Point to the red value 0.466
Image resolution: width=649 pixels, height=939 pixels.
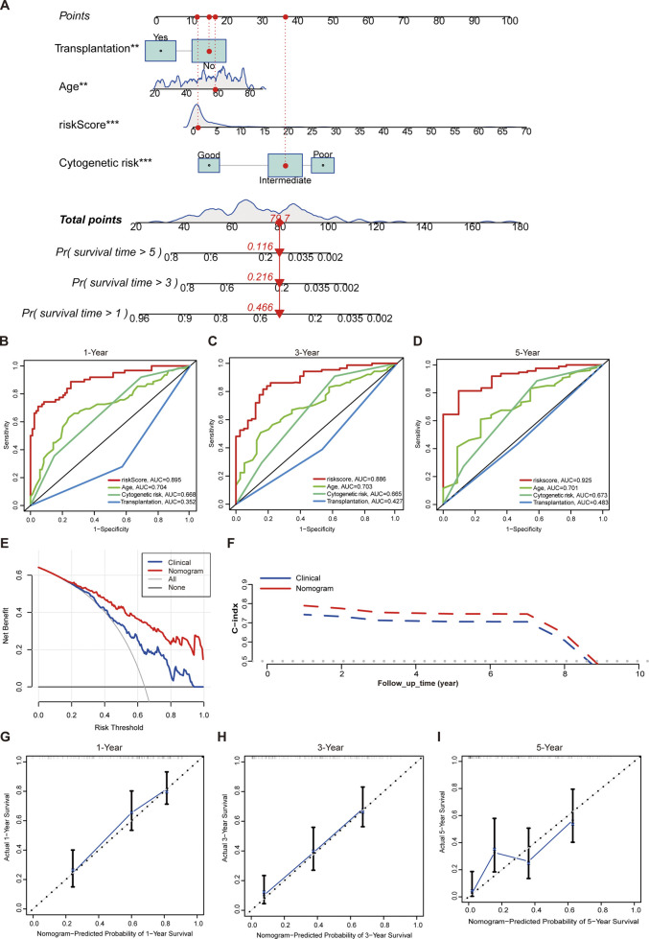(x=275, y=304)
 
